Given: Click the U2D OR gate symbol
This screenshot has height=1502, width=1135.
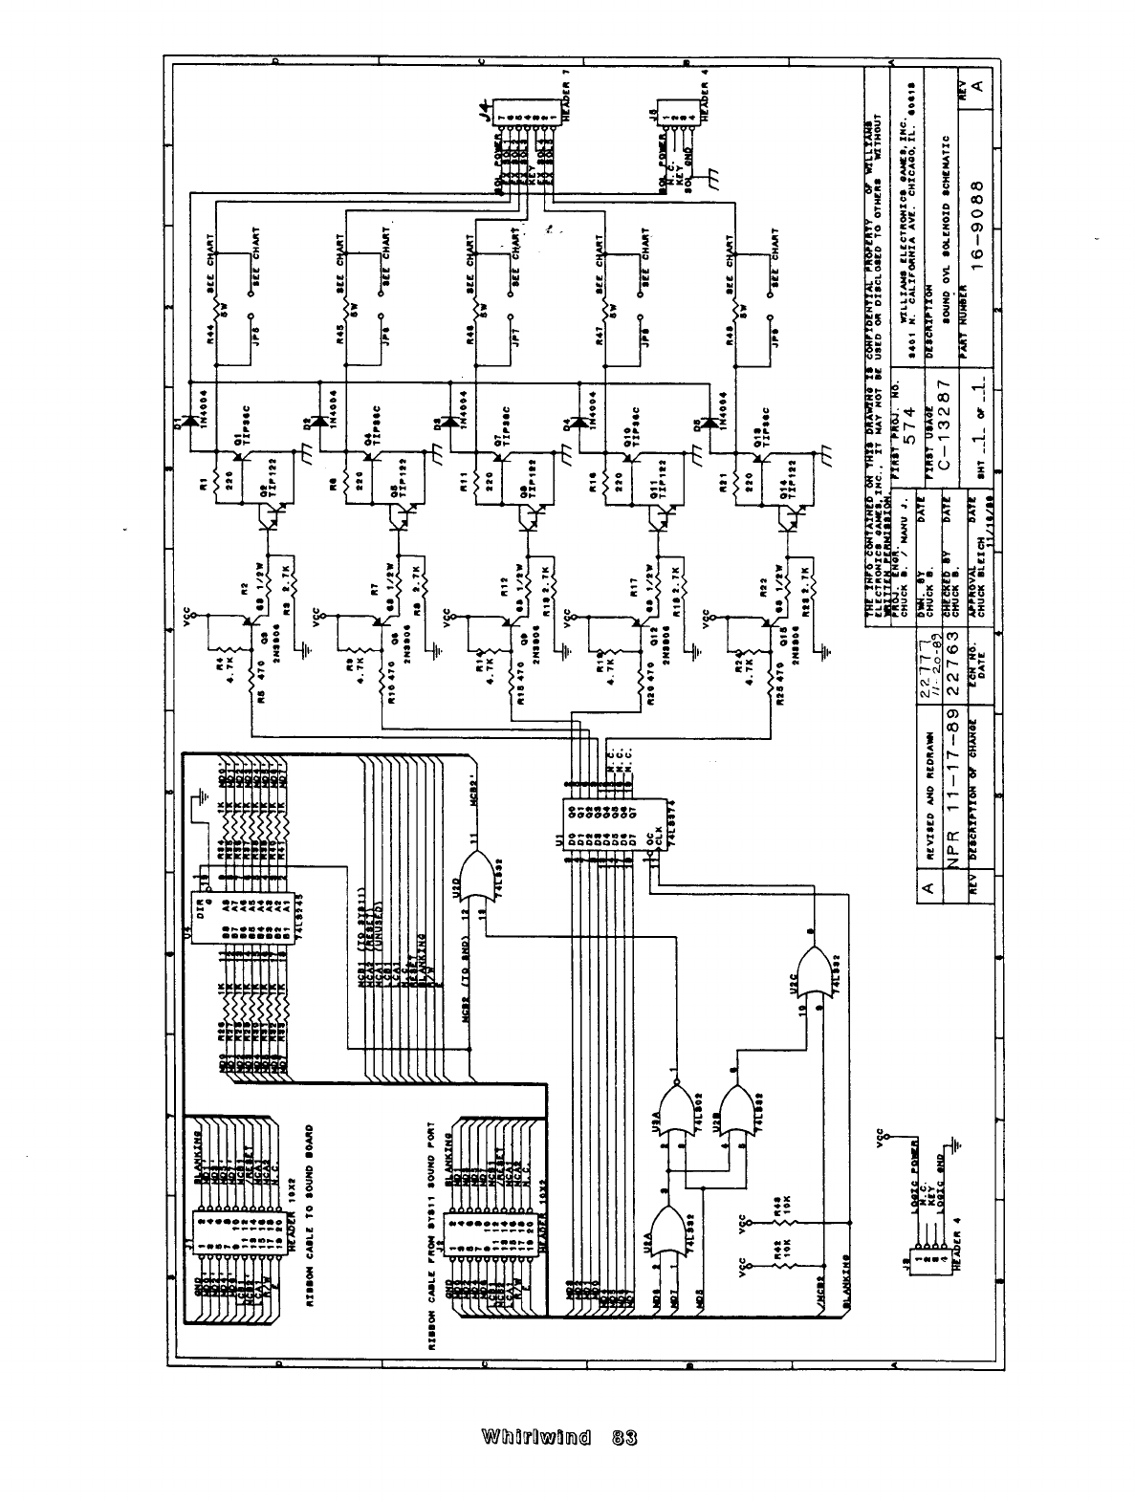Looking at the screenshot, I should pos(479,878).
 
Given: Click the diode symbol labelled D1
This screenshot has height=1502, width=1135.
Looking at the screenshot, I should pos(187,419).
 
